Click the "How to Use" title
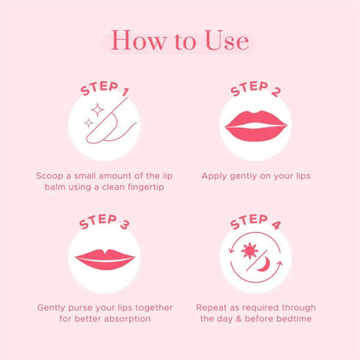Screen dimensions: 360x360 [180, 41]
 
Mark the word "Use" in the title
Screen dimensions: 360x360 [223, 41]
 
